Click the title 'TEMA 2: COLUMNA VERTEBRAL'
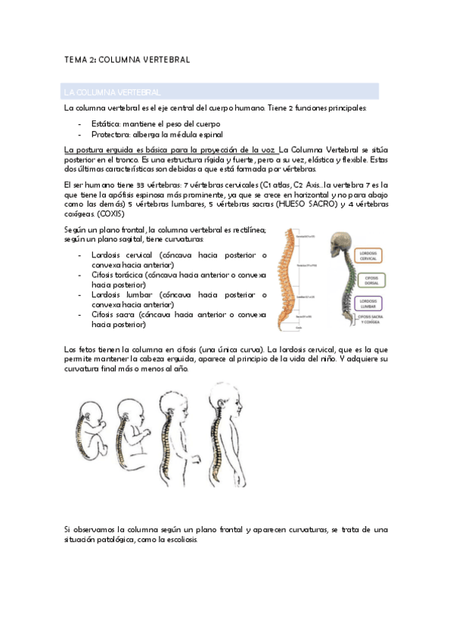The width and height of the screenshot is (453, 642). pos(126,58)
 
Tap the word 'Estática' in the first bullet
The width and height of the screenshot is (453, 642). pos(105,123)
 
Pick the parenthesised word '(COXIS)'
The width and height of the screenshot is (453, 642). pos(113,214)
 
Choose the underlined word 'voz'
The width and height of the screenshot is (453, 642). pos(269,149)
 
